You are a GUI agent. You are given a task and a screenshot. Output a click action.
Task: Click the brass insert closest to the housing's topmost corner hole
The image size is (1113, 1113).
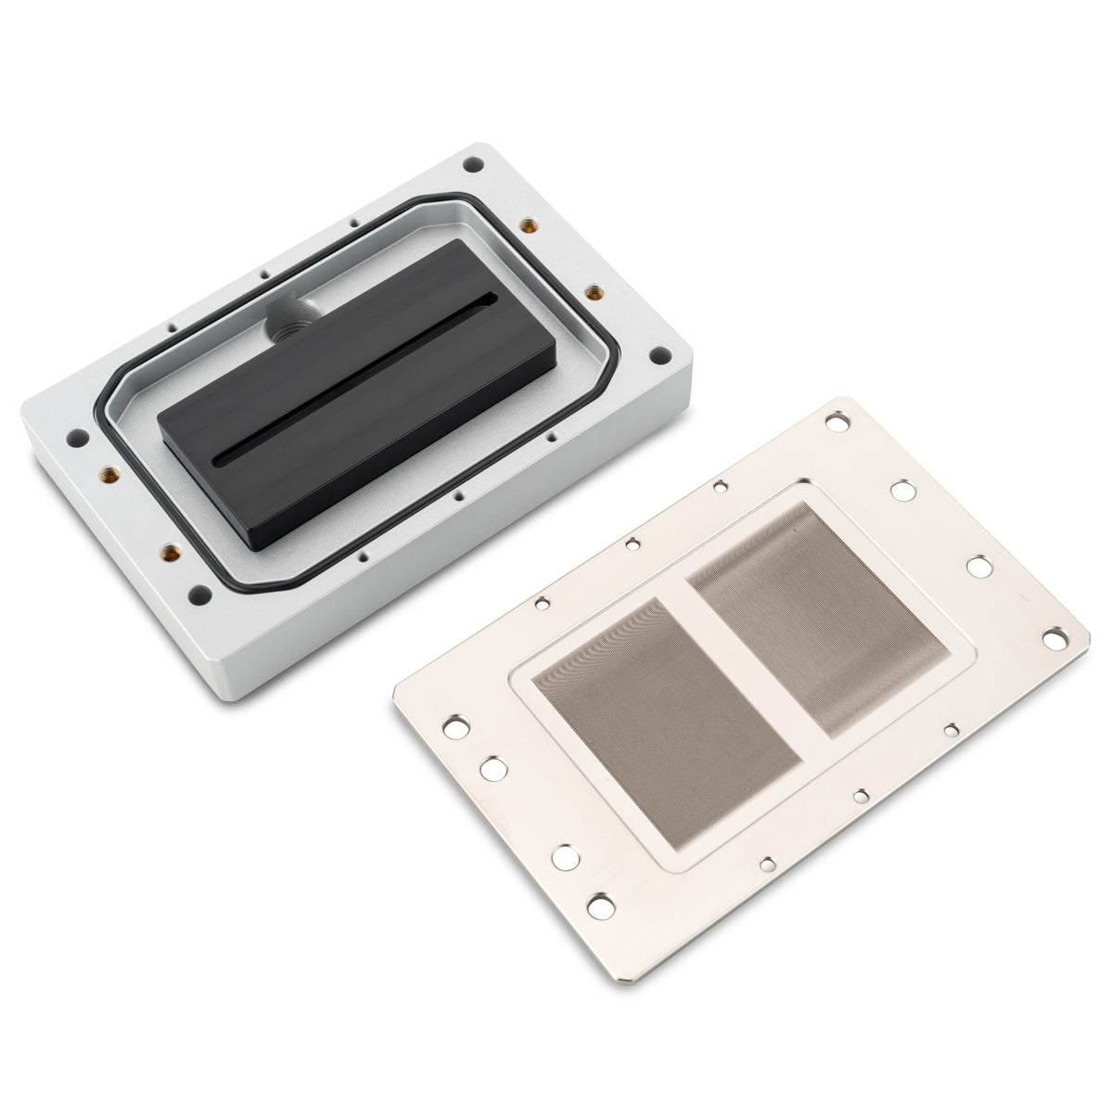529,225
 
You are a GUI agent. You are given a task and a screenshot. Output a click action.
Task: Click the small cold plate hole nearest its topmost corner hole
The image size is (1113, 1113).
719,483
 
